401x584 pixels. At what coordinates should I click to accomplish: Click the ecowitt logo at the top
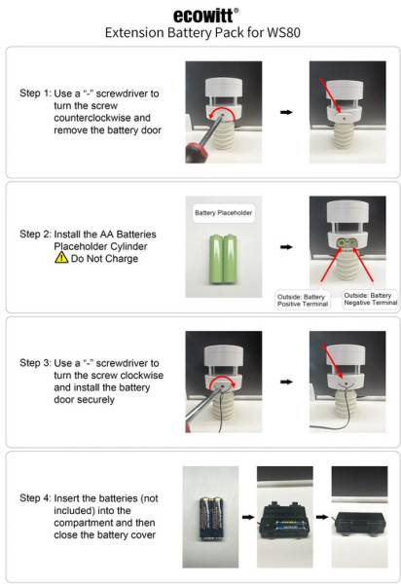[202, 15]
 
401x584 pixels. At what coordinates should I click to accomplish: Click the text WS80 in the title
[293, 33]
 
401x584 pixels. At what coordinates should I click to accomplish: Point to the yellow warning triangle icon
[60, 259]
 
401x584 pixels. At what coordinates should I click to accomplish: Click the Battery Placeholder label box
[224, 211]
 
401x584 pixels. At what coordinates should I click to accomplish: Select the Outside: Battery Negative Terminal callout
[371, 299]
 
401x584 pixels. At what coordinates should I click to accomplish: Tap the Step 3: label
[40, 362]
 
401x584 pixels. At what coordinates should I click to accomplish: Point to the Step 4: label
[40, 498]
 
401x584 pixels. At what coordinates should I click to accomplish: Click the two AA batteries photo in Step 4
[212, 516]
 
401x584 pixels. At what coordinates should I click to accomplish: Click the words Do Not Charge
[102, 259]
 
